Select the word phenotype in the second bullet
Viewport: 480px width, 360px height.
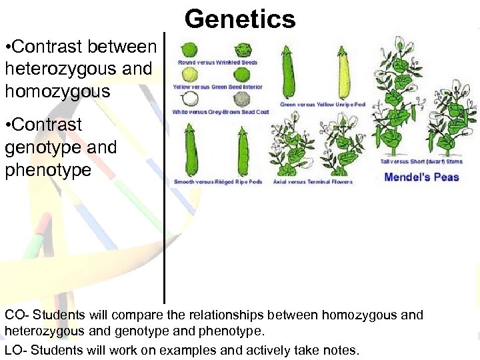pyautogui.click(x=48, y=170)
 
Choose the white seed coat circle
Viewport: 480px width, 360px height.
pyautogui.click(x=191, y=99)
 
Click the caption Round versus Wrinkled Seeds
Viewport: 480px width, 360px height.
pyautogui.click(x=217, y=63)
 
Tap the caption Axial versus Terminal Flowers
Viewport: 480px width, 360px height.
pyautogui.click(x=313, y=181)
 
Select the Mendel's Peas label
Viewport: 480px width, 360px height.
pyautogui.click(x=422, y=177)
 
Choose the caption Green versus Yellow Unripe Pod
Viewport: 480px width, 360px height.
pyautogui.click(x=323, y=104)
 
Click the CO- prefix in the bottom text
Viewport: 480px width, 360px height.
pyautogui.click(x=16, y=315)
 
